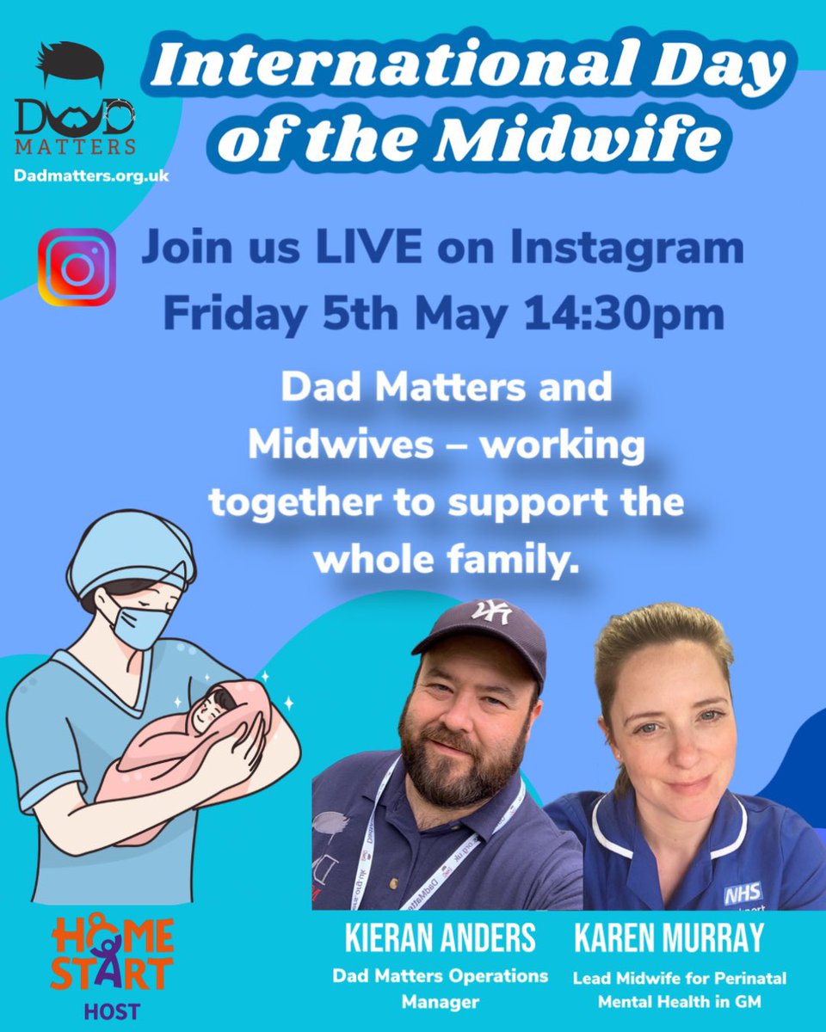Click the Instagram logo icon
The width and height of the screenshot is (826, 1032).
[77, 267]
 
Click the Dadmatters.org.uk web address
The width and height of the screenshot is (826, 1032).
[91, 175]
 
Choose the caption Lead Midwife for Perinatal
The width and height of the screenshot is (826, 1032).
[680, 978]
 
